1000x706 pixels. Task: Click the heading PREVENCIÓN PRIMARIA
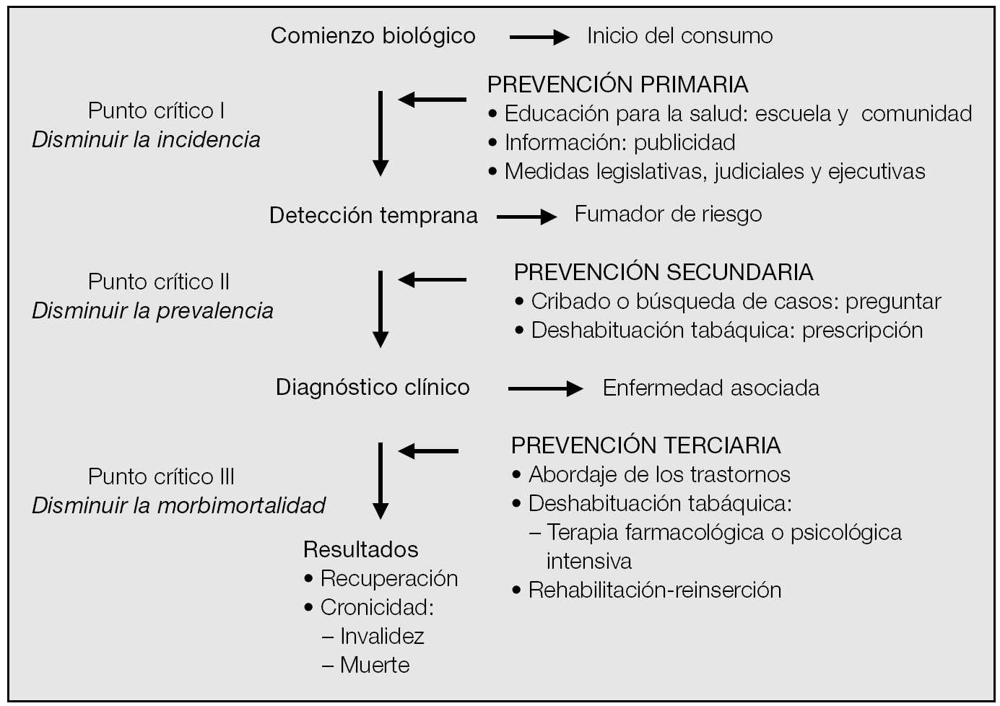pos(617,84)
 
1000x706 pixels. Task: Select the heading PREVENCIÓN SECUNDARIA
pos(663,272)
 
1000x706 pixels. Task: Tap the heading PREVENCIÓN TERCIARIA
pos(645,445)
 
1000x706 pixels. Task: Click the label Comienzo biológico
pos(373,36)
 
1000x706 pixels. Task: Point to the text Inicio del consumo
pos(679,36)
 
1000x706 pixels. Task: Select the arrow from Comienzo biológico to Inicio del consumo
pos(539,38)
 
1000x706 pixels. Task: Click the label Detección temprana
pos(373,215)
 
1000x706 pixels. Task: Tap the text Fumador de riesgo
pos(668,214)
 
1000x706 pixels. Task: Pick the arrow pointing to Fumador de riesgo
pos(526,216)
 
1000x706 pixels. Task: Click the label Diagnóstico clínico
pos(373,388)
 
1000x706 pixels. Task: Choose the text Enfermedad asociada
pos(710,388)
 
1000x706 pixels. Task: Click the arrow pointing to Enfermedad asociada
pos(544,389)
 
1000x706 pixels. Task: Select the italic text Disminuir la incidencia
pos(146,139)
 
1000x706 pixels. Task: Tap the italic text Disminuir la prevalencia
pos(152,311)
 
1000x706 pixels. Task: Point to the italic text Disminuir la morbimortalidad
pos(178,505)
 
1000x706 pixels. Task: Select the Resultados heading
pos(360,549)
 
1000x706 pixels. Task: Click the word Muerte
pos(375,665)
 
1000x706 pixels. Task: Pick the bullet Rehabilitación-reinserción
pos(654,590)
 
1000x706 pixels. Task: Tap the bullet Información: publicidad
pos(619,142)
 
